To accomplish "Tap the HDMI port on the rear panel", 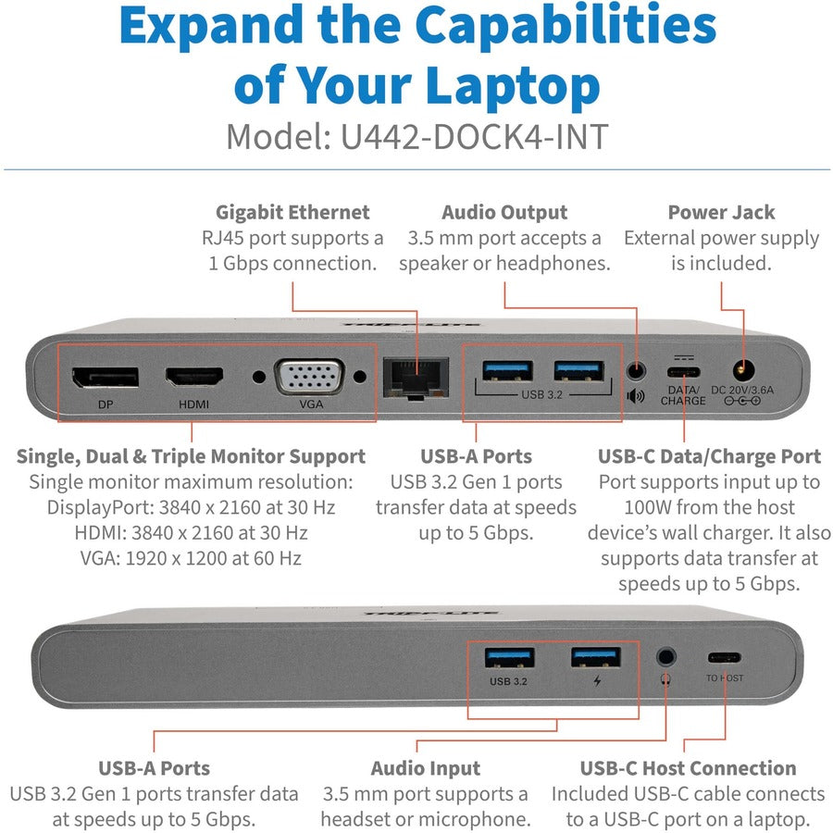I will (194, 377).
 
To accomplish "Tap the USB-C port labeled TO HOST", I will (725, 658).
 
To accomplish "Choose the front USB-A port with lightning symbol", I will (595, 657).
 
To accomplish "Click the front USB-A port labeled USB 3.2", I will (509, 657).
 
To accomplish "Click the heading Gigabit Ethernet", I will (292, 212).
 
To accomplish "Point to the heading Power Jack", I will (721, 212).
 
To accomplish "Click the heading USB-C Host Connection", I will (688, 768).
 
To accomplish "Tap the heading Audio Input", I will (426, 768).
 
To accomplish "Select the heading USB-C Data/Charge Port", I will (709, 456).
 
